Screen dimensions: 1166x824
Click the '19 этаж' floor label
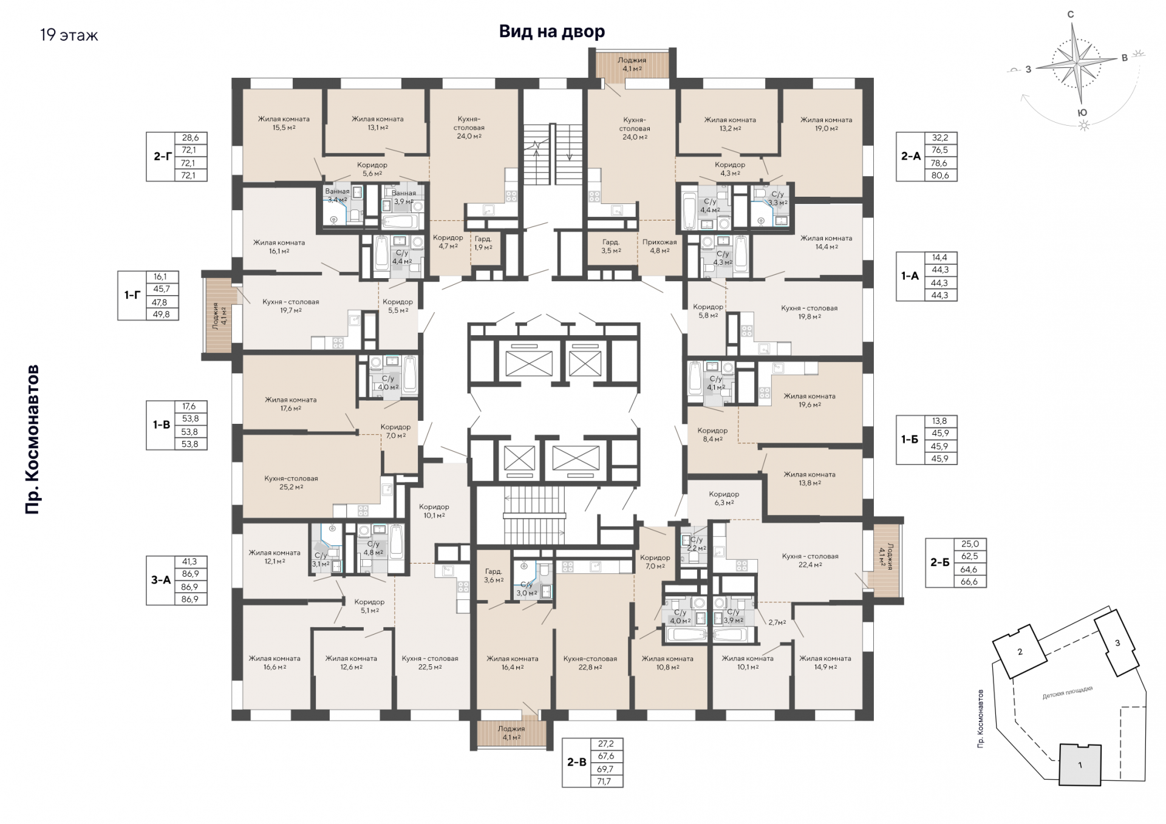tap(69, 35)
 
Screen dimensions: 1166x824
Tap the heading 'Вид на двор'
tap(552, 32)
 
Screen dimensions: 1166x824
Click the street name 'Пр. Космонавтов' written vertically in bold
tap(32, 440)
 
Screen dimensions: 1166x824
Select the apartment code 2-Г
tap(162, 157)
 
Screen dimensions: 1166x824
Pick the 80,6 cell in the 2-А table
tap(939, 175)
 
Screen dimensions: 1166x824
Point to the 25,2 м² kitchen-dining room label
tap(291, 483)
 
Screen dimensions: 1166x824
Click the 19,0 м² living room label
tap(826, 124)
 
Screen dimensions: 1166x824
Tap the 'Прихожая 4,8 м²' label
tap(660, 246)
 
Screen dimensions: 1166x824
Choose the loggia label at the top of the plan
tap(632, 64)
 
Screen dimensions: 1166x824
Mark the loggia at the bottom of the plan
tap(511, 733)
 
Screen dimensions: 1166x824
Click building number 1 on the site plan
tap(1080, 765)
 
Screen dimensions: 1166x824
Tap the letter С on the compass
tap(1071, 15)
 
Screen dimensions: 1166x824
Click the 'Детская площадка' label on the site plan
tap(1068, 693)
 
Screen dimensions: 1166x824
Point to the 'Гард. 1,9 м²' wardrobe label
tap(483, 243)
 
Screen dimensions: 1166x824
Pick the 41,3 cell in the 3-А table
tap(190, 562)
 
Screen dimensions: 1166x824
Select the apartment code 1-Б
tap(910, 440)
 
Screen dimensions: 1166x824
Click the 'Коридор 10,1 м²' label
tap(434, 511)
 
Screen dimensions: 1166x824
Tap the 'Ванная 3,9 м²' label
tap(404, 197)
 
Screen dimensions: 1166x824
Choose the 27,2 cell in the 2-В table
tap(606, 744)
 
